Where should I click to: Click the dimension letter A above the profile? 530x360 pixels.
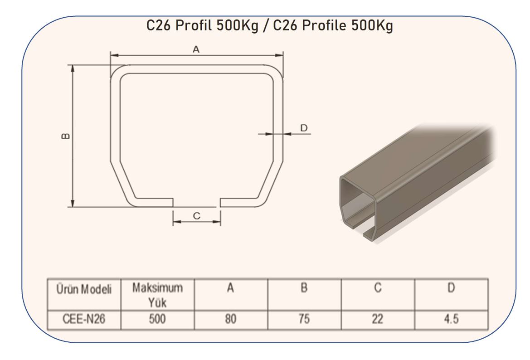pos(196,49)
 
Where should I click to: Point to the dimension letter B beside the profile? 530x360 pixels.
pos(66,136)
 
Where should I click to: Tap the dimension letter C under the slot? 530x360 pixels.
pos(197,216)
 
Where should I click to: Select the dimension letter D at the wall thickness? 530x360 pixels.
pos(304,128)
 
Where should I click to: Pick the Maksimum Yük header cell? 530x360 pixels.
pos(157,295)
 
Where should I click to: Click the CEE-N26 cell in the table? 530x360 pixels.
pos(84,319)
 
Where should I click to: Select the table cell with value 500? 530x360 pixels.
pos(157,319)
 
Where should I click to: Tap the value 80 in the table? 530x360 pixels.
pos(231,319)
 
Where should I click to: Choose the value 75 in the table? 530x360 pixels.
pos(304,319)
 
